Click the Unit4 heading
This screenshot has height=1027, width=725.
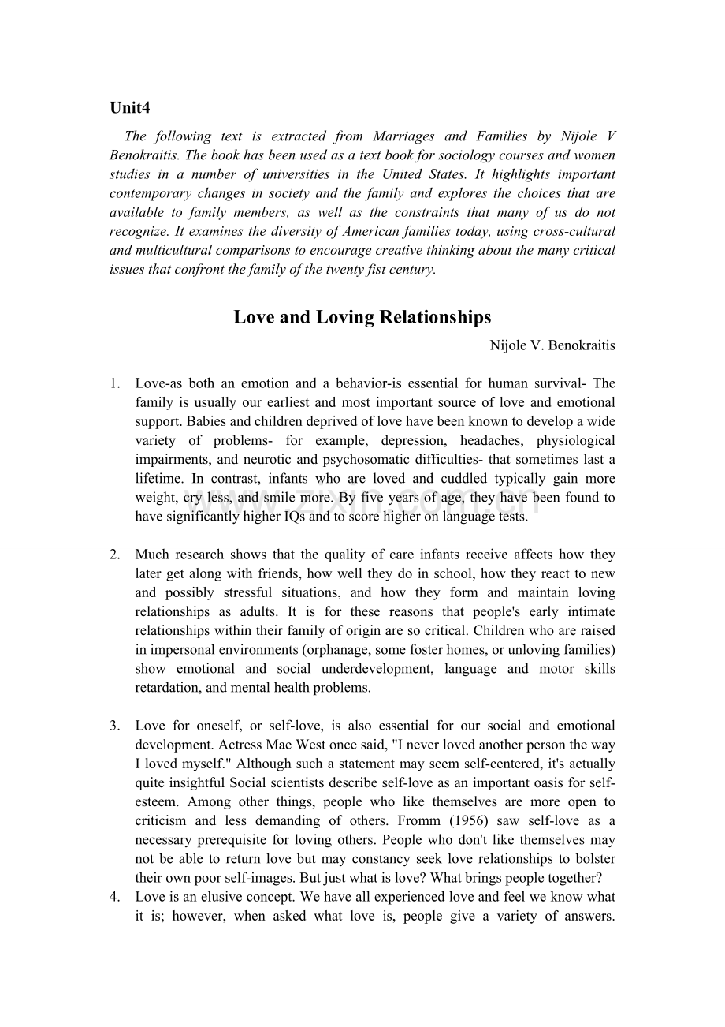[129, 108]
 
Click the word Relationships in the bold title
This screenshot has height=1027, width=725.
[435, 317]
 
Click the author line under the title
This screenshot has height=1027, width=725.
[552, 345]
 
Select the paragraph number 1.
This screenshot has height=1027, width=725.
[115, 383]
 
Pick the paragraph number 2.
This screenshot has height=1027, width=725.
[115, 555]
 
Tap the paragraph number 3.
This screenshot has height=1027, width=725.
[115, 726]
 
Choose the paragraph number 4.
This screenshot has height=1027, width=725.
[115, 897]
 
